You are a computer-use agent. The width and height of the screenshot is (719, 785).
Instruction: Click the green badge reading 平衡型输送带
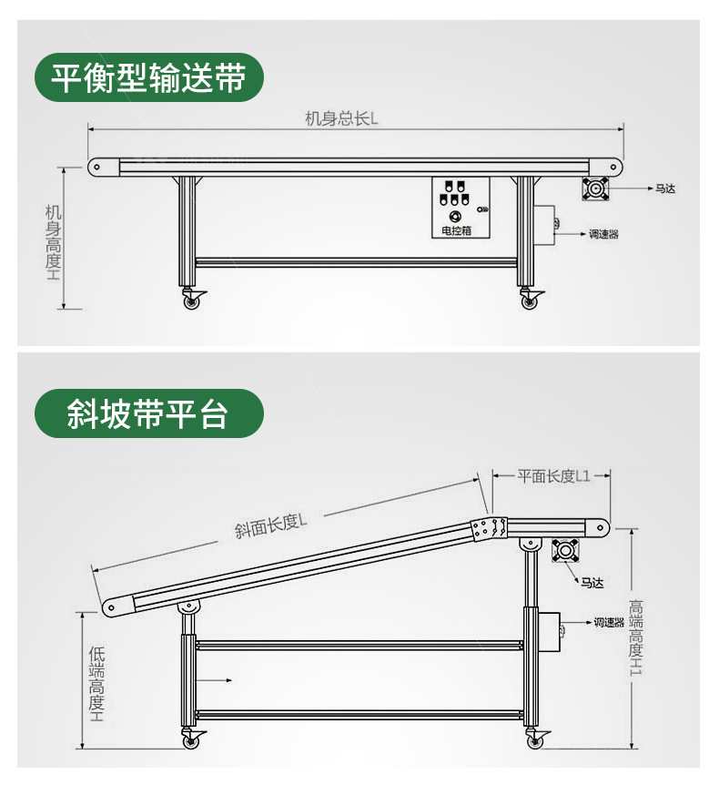coord(148,77)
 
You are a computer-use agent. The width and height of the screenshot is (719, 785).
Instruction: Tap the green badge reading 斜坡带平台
coord(148,413)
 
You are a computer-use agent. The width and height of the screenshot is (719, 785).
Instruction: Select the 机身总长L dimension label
coord(341,117)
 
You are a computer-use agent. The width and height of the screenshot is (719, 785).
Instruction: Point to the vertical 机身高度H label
coord(54,241)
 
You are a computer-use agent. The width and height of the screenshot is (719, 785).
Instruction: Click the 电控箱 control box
coord(460,209)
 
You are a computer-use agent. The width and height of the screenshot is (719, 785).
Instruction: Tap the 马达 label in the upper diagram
coord(664,189)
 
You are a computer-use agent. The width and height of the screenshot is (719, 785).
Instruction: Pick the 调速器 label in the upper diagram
coord(603,234)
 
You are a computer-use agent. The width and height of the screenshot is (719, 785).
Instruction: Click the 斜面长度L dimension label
coord(270,525)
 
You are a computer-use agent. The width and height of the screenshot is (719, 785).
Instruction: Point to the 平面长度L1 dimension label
coord(553,475)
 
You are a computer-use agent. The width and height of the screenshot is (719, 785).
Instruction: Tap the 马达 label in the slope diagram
coord(592,583)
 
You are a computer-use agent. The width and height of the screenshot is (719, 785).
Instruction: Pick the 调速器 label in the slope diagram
coord(608,623)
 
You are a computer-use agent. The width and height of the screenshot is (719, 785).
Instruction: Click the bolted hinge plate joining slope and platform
coord(489,528)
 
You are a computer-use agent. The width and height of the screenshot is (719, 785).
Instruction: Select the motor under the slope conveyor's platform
coord(565,551)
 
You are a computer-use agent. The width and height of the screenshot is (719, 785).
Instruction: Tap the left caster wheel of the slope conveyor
coord(192,741)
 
